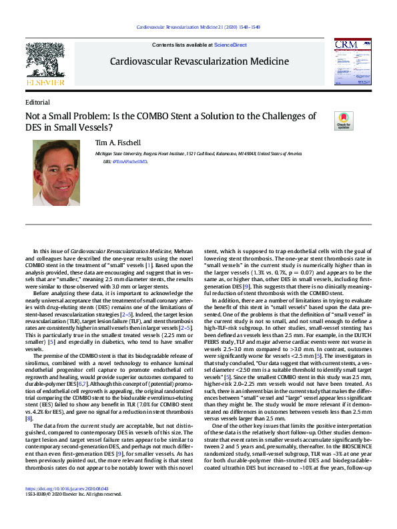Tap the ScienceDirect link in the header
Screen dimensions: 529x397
[x=230, y=44]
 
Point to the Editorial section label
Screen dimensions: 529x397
[x=37, y=103]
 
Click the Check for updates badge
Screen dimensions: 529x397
[x=344, y=121]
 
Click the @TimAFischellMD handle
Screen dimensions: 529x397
[x=132, y=162]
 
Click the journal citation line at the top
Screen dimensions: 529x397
[x=198, y=27]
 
